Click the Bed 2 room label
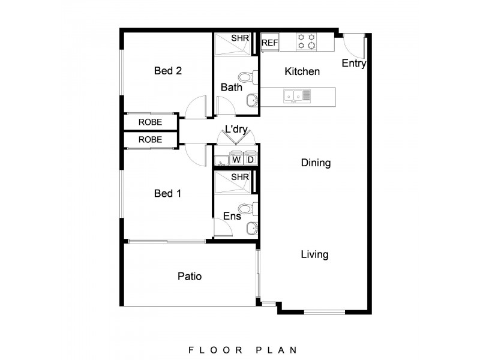point(168,71)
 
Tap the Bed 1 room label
point(168,194)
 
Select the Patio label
point(189,277)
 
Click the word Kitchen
point(302,71)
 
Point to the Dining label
point(316,163)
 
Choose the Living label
point(314,254)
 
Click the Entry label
point(353,64)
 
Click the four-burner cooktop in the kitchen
point(307,41)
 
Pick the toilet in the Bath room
point(247,77)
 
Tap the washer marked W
point(236,160)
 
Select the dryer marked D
point(250,160)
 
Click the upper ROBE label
point(150,122)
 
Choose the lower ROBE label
point(150,139)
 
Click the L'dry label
point(236,128)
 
